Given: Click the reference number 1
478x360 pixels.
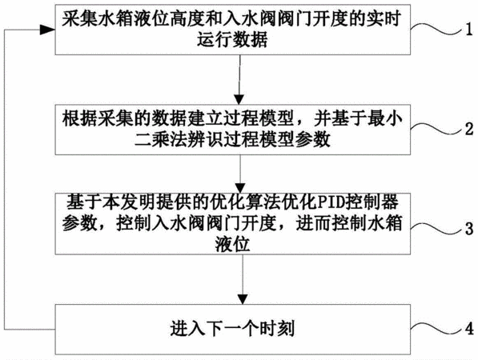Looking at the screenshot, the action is [x=469, y=30].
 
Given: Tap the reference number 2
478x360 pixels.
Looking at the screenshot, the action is [x=469, y=129].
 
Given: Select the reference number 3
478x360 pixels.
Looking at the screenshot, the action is [x=469, y=228].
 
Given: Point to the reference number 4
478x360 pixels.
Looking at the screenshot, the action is [x=469, y=328].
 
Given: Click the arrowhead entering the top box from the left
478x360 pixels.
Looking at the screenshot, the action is [x=47, y=30].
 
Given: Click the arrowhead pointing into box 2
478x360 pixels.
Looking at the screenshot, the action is [x=239, y=99].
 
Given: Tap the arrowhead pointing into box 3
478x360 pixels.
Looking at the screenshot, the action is [x=240, y=188].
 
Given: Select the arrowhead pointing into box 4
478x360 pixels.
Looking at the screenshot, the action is [x=243, y=299].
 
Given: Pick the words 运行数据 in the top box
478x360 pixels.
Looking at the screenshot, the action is [x=232, y=40].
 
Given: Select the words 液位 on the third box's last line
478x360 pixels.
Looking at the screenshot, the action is [x=232, y=244].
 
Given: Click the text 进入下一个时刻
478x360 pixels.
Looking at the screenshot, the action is [x=232, y=329].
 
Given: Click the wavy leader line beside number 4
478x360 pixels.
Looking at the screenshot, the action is [x=436, y=327].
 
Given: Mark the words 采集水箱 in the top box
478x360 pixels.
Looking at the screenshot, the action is [x=98, y=19].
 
